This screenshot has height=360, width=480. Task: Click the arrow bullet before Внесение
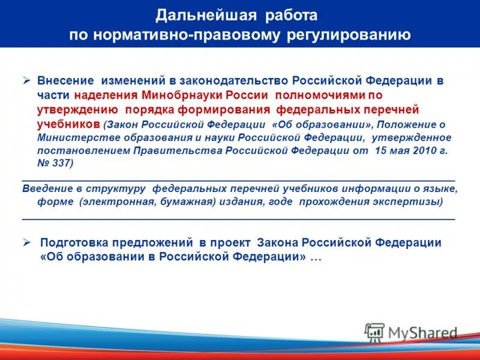(x=27, y=80)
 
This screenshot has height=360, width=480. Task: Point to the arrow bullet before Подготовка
(x=27, y=243)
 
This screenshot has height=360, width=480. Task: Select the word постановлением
(x=77, y=151)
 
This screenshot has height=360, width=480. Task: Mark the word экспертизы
(x=407, y=202)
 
